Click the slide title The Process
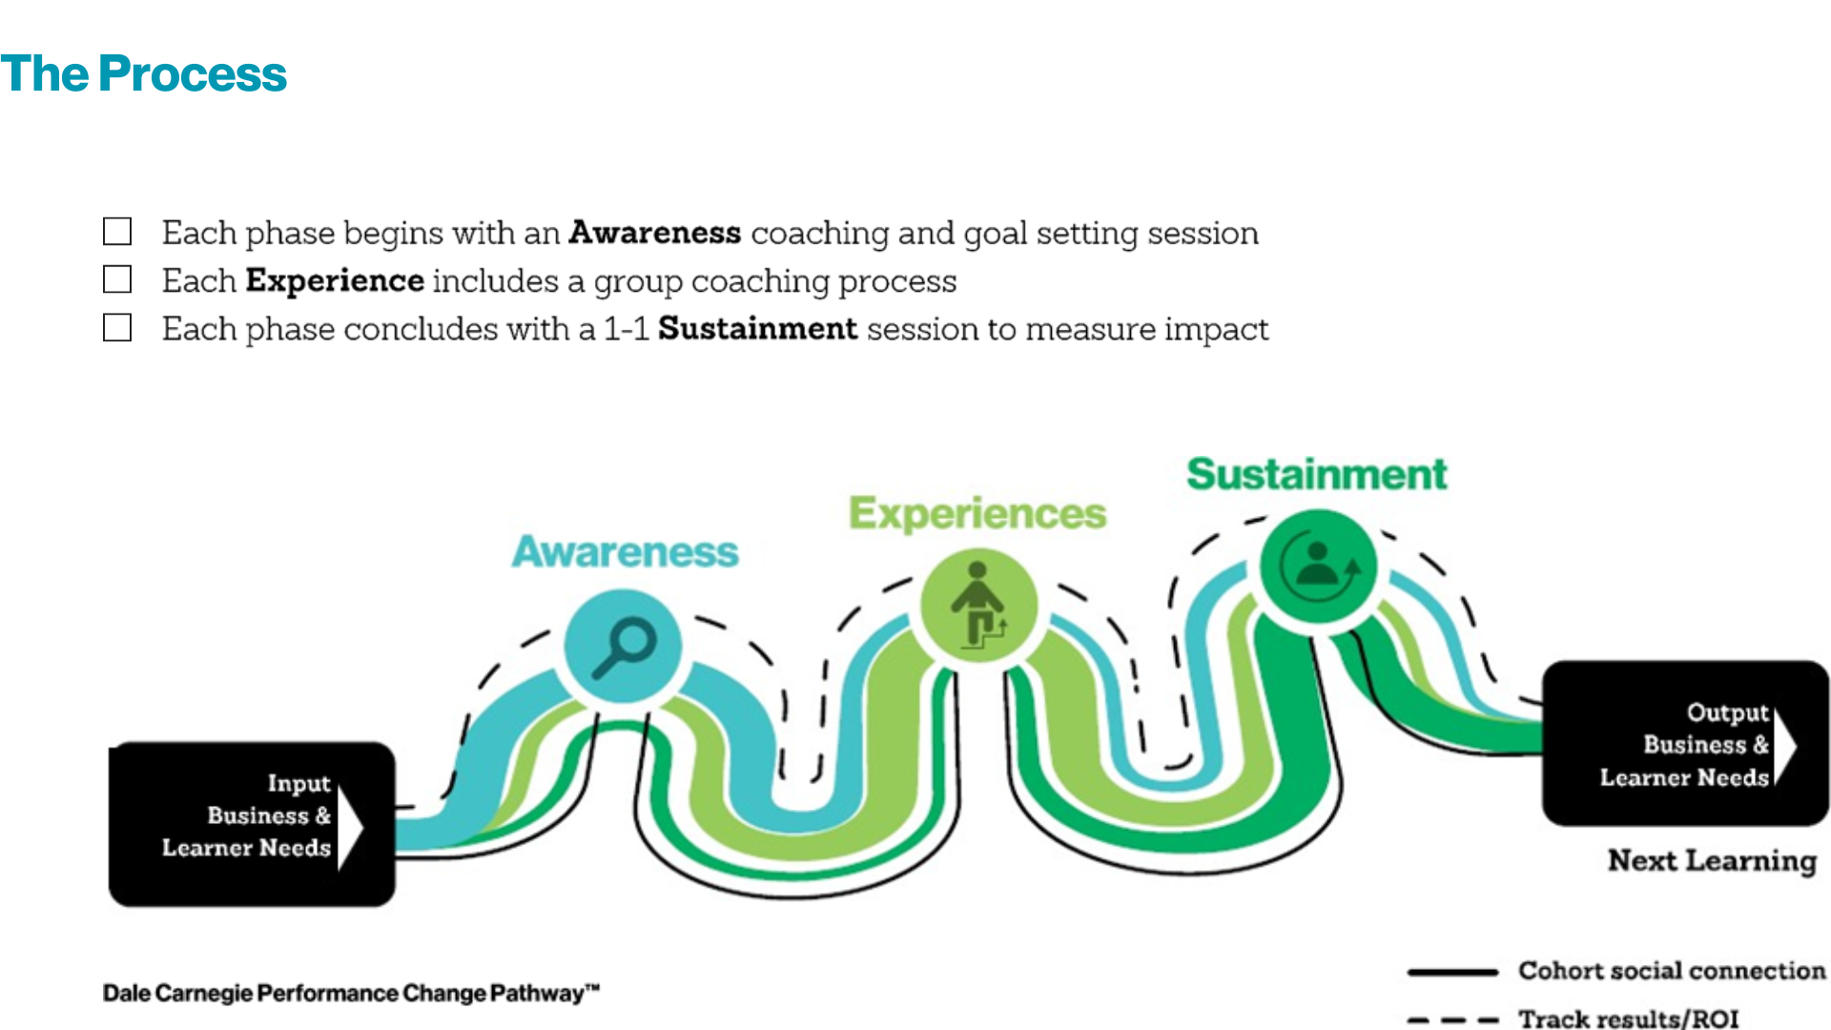(143, 74)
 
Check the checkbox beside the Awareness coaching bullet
(117, 232)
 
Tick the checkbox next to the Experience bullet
(117, 279)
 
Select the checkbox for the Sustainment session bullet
(117, 328)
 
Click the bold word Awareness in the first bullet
(654, 233)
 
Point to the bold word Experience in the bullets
(335, 280)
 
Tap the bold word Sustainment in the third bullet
(757, 328)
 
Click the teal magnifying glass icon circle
(623, 646)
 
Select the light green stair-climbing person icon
(977, 606)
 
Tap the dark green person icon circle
(1318, 566)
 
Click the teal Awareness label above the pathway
(625, 552)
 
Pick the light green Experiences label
(977, 513)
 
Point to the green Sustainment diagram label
(1316, 474)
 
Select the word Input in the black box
(298, 783)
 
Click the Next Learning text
(1712, 860)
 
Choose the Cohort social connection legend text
(1671, 971)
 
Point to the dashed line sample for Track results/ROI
(1452, 1020)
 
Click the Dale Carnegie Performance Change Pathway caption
(351, 993)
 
